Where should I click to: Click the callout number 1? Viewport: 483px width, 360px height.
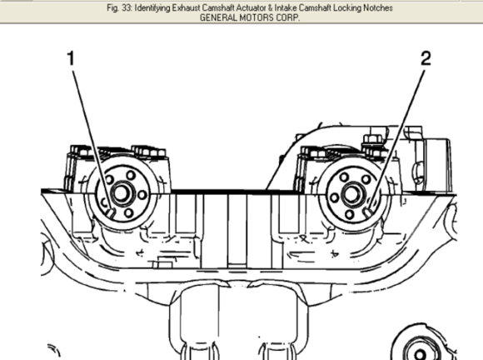pyautogui.click(x=71, y=58)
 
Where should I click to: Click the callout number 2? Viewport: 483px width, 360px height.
pyautogui.click(x=426, y=58)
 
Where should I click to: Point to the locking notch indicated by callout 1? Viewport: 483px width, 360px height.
pyautogui.click(x=111, y=213)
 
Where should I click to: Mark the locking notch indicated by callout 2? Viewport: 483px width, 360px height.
pyautogui.click(x=369, y=212)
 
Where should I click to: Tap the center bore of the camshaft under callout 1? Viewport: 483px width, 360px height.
pyautogui.click(x=121, y=193)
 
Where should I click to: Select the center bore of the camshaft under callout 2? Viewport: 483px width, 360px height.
pyautogui.click(x=351, y=194)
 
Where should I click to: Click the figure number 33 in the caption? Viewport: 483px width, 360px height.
pyautogui.click(x=127, y=7)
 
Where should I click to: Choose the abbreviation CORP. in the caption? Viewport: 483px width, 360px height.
pyautogui.click(x=287, y=17)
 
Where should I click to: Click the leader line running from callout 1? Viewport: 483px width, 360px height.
pyautogui.click(x=92, y=140)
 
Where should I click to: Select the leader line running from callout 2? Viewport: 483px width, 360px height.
pyautogui.click(x=397, y=139)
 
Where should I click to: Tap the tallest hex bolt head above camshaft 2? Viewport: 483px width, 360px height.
pyautogui.click(x=373, y=140)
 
